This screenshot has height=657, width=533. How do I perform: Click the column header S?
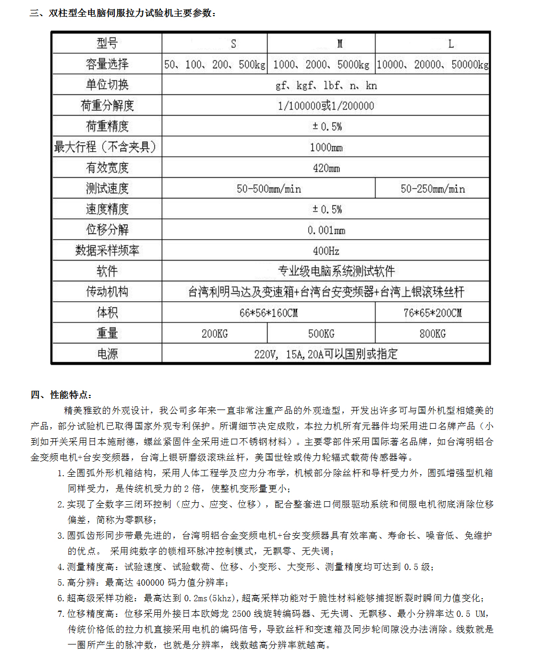pos(233,44)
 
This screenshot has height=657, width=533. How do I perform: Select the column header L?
pos(451,44)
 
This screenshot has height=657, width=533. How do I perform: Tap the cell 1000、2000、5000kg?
pos(321,65)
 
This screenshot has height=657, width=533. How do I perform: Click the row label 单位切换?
pos(107,85)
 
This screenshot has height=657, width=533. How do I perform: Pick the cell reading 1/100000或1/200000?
pos(326,106)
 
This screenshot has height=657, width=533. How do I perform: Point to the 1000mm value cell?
pos(326,147)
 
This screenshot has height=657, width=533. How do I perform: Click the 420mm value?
pos(326,168)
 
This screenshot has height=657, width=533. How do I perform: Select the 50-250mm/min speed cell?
pos(432,189)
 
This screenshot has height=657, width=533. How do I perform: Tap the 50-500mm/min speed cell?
pos(269,189)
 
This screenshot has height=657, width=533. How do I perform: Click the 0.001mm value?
pos(326,230)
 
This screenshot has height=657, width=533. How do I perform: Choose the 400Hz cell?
pos(326,251)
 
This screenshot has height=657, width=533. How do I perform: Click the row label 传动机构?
pos(107,292)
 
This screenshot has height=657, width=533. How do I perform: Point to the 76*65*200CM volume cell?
pos(432,313)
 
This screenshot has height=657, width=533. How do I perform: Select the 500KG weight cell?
pos(321,333)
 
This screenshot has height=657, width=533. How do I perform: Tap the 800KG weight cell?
pos(432,333)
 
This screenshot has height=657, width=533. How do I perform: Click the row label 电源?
pos(107,354)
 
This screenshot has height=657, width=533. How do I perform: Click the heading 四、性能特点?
pos(62,394)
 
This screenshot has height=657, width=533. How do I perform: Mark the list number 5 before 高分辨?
pos(60,582)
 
